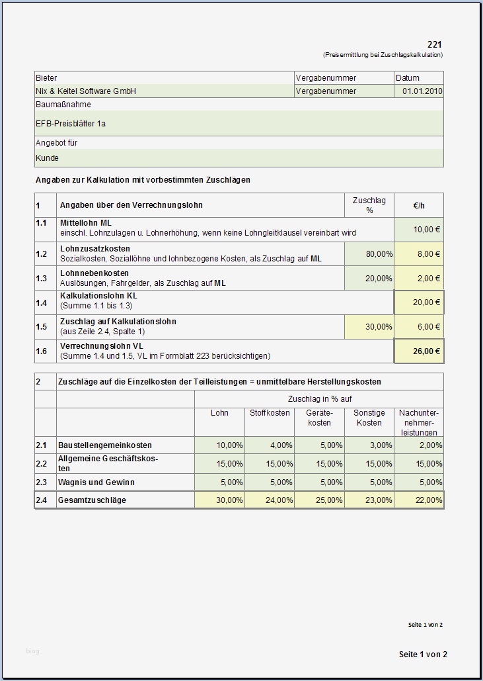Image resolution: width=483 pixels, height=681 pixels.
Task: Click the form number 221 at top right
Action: (435, 44)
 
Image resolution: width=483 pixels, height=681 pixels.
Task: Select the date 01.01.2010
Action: (422, 91)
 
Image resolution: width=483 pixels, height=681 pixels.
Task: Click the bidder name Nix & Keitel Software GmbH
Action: (86, 91)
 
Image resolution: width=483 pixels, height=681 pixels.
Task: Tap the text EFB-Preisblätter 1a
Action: (71, 124)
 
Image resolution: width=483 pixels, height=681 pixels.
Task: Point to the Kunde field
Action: (47, 158)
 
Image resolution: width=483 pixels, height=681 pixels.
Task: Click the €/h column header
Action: (419, 206)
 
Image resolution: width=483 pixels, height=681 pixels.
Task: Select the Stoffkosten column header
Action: (270, 413)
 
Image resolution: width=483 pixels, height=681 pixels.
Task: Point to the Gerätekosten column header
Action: (319, 418)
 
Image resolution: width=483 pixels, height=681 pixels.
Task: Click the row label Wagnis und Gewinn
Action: (93, 482)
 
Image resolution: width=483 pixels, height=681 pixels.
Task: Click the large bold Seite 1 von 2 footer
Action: (423, 655)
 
